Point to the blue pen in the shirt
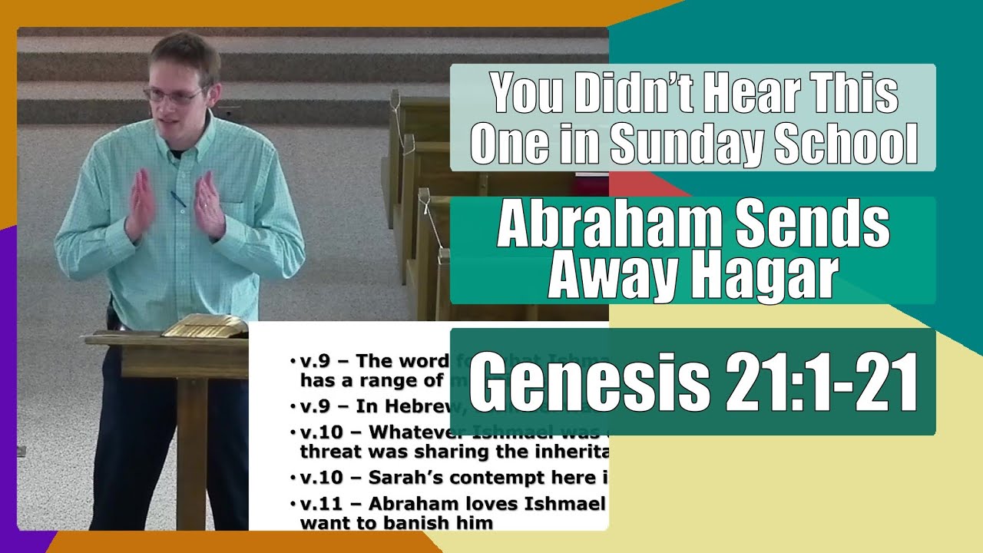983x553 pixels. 178,199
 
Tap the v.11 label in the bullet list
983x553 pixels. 323,505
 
